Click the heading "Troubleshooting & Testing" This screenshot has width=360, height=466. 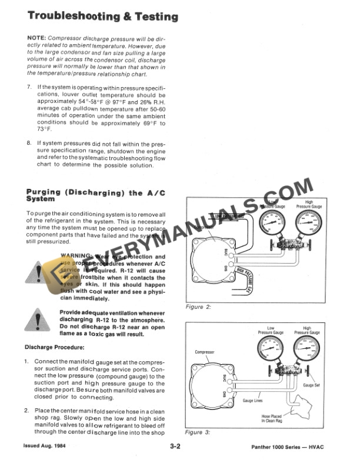103,16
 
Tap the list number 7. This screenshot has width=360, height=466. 30,87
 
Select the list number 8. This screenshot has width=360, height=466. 30,143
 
